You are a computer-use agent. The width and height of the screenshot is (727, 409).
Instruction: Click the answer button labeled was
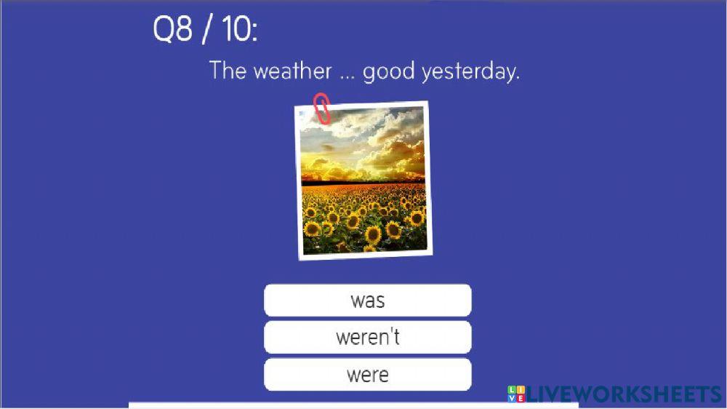(x=367, y=300)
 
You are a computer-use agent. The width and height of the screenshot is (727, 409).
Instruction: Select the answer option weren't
(x=367, y=337)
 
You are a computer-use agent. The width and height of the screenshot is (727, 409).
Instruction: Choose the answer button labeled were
(x=367, y=374)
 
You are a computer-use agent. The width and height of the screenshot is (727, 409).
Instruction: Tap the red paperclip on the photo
(x=321, y=108)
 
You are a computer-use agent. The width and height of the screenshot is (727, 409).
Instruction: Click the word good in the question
(x=388, y=71)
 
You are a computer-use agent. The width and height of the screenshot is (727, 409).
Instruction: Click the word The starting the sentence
(x=228, y=71)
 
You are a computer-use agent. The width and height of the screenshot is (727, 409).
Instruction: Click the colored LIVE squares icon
(x=516, y=394)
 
